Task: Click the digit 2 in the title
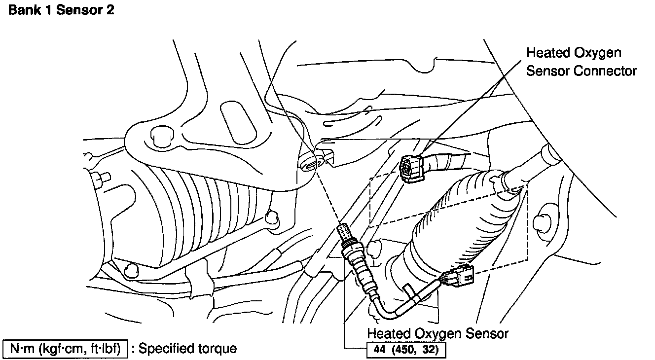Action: click(x=109, y=10)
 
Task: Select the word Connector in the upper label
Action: click(x=605, y=71)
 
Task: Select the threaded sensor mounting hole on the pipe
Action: click(x=309, y=162)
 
